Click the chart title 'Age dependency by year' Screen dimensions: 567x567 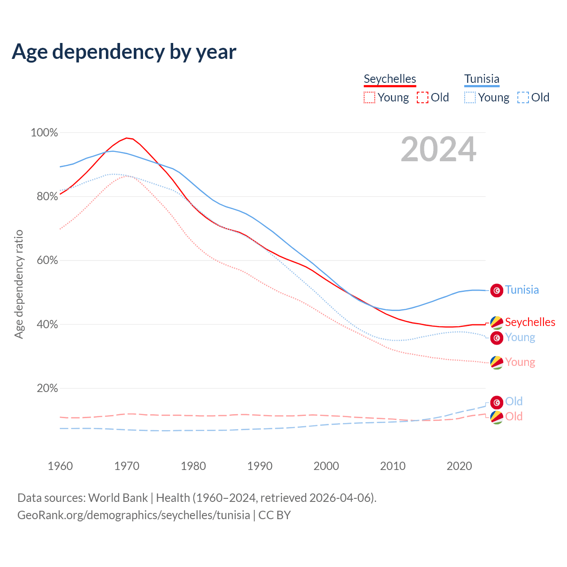[x=124, y=52]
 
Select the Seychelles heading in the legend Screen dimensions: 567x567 [x=390, y=79]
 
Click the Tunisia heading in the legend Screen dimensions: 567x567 [x=482, y=79]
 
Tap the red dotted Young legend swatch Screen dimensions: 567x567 [x=369, y=97]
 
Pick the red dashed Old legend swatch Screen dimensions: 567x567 [x=423, y=97]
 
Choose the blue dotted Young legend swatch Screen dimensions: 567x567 [x=470, y=97]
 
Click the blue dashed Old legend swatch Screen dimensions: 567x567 [x=523, y=97]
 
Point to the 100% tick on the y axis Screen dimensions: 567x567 [x=44, y=132]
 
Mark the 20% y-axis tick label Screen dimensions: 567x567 [x=47, y=388]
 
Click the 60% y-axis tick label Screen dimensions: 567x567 [x=47, y=260]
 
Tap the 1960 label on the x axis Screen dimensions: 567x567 [x=60, y=466]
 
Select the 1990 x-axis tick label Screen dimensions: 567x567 [x=260, y=466]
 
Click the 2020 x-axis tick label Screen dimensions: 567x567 [x=459, y=466]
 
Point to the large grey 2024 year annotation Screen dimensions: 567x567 [x=439, y=150]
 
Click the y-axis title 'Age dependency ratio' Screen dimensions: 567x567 [x=19, y=284]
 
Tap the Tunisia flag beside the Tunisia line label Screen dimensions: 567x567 [x=497, y=290]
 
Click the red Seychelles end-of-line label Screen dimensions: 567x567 [x=530, y=322]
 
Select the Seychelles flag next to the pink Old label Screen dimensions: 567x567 [x=497, y=417]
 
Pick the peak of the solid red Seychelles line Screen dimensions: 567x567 [x=127, y=138]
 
